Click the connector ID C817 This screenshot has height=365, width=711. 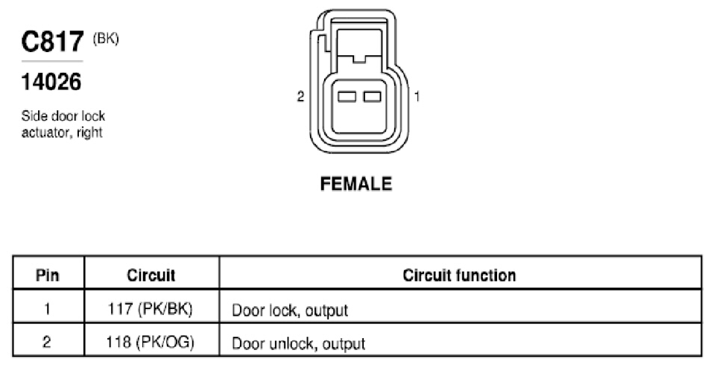pos(52,42)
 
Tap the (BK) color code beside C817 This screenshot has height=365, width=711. pos(106,39)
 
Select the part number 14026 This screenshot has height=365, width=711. pos(51,82)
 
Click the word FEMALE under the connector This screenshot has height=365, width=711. pos(356,184)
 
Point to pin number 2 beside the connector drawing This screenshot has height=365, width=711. pos(300,97)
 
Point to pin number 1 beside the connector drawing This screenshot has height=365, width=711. pos(417,97)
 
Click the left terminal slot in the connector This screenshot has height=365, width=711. pos(347,97)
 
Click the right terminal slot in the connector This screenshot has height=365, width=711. pos(373,97)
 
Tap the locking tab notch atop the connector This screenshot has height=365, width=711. pos(359,58)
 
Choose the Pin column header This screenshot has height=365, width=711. pos(48,275)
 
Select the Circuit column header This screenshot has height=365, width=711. pos(151,275)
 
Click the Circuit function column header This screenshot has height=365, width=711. pos(459,275)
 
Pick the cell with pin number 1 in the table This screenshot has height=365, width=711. pos(48,309)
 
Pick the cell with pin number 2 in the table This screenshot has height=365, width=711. pos(48,341)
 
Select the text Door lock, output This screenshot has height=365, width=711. pos(290,311)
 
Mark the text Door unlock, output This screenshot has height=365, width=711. pos(298,343)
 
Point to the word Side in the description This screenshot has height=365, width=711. pos(33,116)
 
